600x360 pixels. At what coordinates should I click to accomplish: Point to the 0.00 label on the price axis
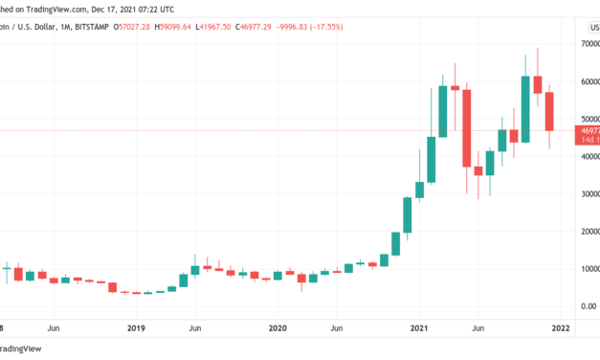[x=586, y=305]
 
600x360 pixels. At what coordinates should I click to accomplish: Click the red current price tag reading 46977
[x=587, y=130]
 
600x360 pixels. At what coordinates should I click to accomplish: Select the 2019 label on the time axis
[x=137, y=328]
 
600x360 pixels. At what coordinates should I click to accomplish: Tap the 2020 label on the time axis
[x=278, y=328]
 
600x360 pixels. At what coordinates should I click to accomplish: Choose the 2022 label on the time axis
[x=560, y=328]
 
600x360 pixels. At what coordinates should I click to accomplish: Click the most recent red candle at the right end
[x=550, y=111]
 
